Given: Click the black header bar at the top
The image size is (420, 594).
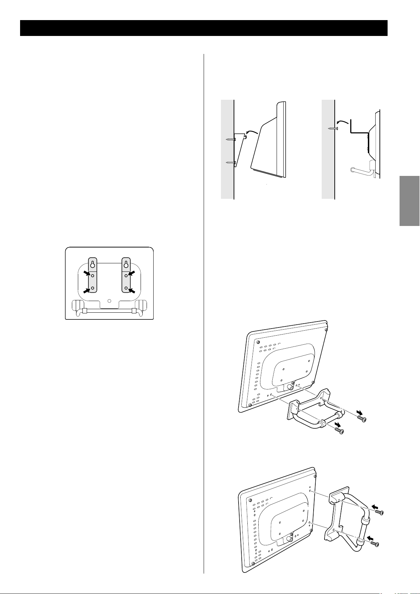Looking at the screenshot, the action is click(204, 28).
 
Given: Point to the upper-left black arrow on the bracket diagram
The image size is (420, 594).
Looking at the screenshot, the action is click(86, 273).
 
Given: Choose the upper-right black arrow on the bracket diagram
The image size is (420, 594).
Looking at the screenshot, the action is click(132, 273).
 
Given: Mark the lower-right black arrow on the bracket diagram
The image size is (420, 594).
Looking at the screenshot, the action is click(132, 290).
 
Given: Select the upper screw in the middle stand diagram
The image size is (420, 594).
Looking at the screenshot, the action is click(362, 418).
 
